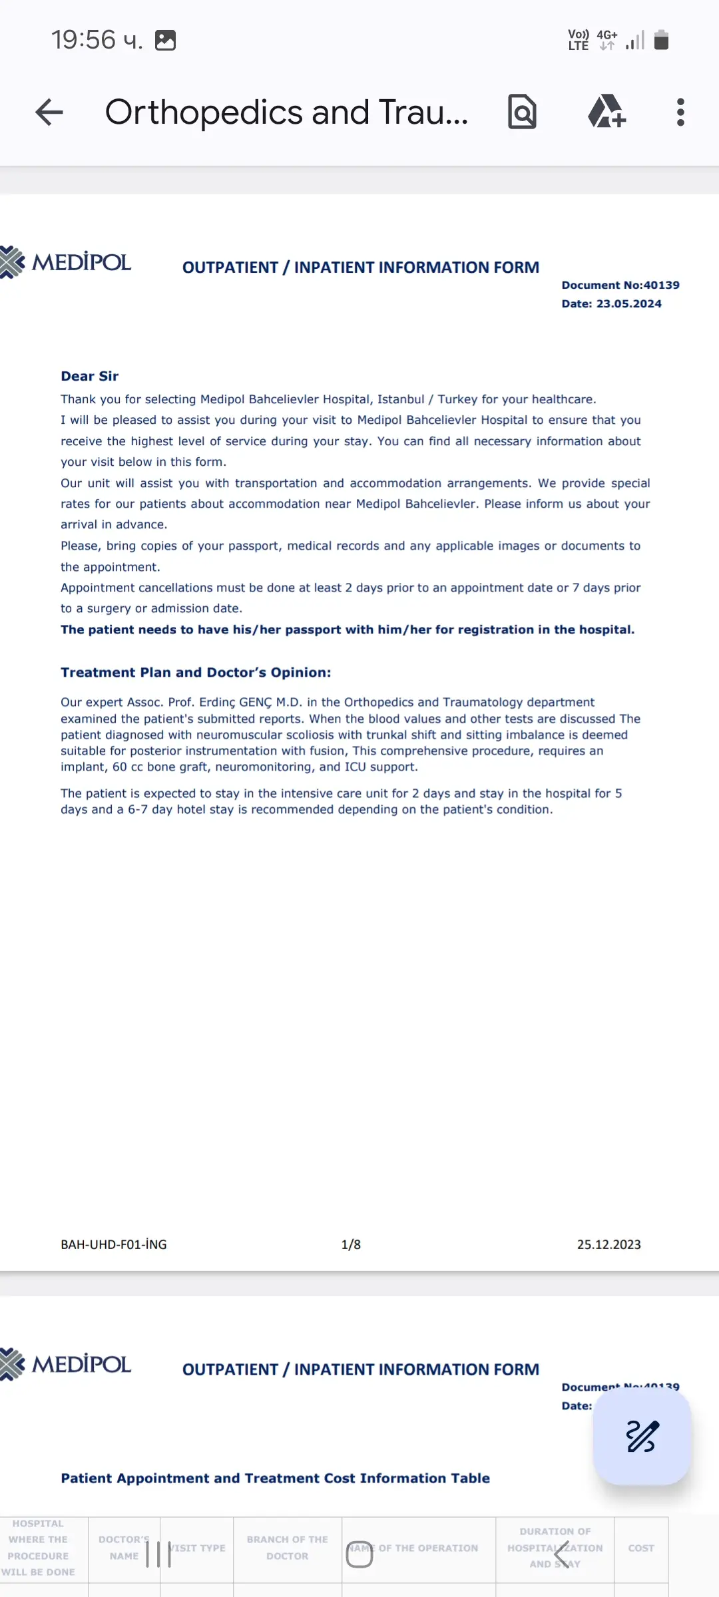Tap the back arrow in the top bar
49,112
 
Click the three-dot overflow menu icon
680,112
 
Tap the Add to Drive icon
606,112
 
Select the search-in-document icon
523,112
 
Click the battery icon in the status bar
661,40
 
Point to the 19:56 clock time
84,40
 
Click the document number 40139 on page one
661,285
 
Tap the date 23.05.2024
628,303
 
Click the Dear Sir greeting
90,376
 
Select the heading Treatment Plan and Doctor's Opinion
196,672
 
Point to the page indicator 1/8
351,1244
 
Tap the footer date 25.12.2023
608,1244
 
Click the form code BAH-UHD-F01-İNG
114,1244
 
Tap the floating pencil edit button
642,1436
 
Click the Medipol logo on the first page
67,262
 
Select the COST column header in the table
641,1548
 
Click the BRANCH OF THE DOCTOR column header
288,1548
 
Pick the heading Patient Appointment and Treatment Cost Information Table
275,1478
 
